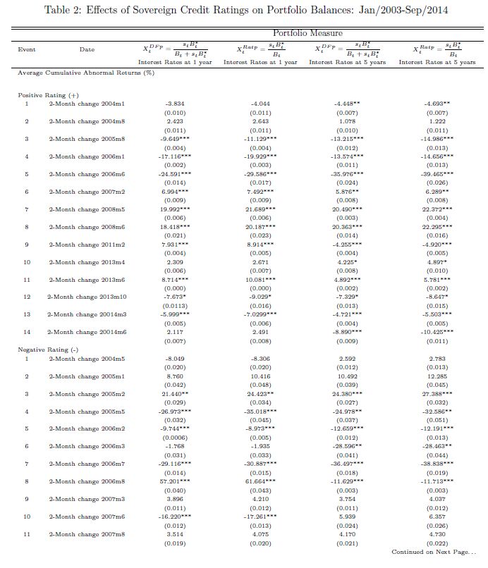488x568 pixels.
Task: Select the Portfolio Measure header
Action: (x=308, y=33)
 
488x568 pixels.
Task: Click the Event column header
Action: (x=27, y=49)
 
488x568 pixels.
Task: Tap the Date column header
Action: (x=87, y=49)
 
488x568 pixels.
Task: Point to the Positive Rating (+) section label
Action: (x=43, y=94)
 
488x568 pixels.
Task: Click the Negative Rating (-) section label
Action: (x=44, y=350)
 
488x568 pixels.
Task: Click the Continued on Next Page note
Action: (x=434, y=552)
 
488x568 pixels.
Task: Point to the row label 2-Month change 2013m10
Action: (x=86, y=297)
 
